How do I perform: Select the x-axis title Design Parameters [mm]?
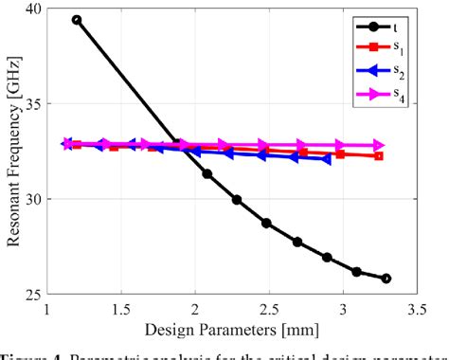pyautogui.click(x=231, y=330)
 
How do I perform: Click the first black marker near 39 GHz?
pyautogui.click(x=77, y=19)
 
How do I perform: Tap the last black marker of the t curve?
pyautogui.click(x=386, y=279)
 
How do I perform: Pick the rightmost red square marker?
pyautogui.click(x=379, y=155)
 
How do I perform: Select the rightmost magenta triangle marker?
pyautogui.click(x=380, y=145)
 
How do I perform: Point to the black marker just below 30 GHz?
pyautogui.click(x=237, y=200)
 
